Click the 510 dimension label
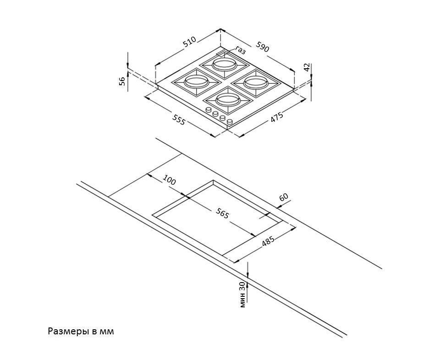tap(189, 42)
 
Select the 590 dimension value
tap(262, 47)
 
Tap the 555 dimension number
tap(178, 120)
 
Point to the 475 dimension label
tap(277, 117)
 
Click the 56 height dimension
tap(122, 82)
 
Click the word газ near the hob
tap(240, 50)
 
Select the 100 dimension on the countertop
tap(170, 180)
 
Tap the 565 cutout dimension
tap(223, 214)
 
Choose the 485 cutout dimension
tap(268, 241)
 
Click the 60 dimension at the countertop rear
tap(284, 197)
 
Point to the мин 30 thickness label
tap(243, 295)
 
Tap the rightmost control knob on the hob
tap(230, 122)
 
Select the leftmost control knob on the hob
tap(209, 110)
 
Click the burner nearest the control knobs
tap(228, 99)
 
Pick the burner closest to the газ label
tap(224, 65)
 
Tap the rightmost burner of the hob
tap(256, 82)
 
